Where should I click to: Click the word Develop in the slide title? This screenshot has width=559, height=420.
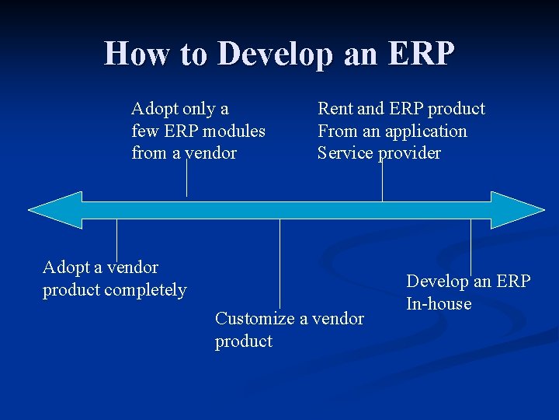tap(272, 54)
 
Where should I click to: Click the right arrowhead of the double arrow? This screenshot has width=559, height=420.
tap(519, 209)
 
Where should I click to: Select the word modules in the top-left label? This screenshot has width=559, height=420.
tap(234, 131)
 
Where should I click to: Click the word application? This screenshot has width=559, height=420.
tap(428, 131)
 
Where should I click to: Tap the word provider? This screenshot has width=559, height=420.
tap(409, 153)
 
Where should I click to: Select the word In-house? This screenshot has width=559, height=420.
tap(439, 303)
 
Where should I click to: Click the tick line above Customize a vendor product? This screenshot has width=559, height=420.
tap(279, 261)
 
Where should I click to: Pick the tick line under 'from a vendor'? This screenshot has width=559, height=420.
tap(186, 177)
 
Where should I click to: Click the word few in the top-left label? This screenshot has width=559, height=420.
tap(144, 131)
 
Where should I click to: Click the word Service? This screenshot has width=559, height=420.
tap(345, 153)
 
